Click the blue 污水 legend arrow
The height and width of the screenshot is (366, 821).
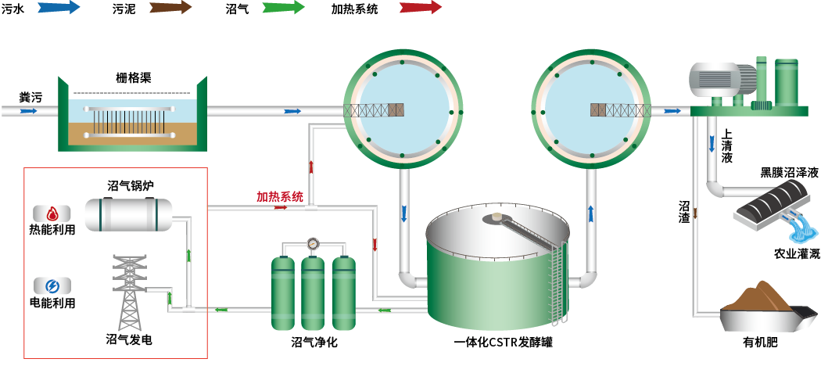[58, 9]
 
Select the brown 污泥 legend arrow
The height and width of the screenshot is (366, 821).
[170, 9]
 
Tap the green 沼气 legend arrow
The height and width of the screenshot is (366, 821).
[284, 9]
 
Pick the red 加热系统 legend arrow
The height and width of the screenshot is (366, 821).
[420, 9]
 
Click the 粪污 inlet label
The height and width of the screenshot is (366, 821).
[30, 97]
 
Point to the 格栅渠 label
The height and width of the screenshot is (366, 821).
[133, 77]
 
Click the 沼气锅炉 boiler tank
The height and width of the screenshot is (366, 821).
[128, 213]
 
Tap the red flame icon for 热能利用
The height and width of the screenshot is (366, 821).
[52, 213]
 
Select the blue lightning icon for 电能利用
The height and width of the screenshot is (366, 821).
[52, 285]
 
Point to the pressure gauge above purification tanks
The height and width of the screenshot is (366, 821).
[314, 243]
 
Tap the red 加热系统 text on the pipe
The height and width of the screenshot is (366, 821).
[280, 196]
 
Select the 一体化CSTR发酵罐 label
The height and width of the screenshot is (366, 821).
[503, 343]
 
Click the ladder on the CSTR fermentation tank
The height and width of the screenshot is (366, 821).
[557, 282]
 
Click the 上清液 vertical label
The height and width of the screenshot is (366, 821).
[727, 145]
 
